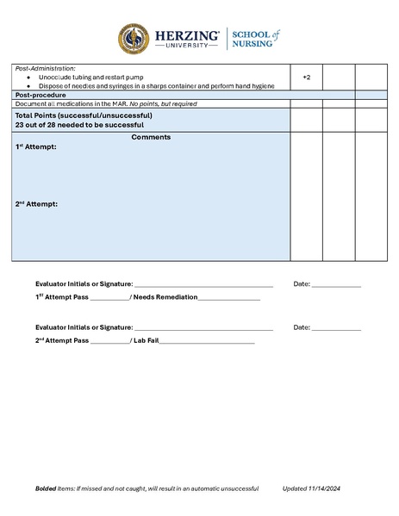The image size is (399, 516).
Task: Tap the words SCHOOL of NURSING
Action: pos(255,39)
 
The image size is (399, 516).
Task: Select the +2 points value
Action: pos(306,78)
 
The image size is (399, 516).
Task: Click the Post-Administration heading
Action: pos(46,68)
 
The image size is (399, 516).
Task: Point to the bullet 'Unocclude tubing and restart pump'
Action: pos(90,78)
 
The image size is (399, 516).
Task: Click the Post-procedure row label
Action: pos(41,95)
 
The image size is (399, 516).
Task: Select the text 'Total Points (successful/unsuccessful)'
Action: pos(84,115)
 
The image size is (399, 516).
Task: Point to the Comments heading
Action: pos(151,137)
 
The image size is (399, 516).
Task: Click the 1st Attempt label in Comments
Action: pos(35,147)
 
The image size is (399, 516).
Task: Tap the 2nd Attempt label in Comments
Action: pos(36,204)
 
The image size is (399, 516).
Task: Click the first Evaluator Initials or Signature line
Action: pos(203,284)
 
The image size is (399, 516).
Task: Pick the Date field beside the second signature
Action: pos(336,328)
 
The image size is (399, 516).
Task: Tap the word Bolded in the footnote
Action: pos(46,489)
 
